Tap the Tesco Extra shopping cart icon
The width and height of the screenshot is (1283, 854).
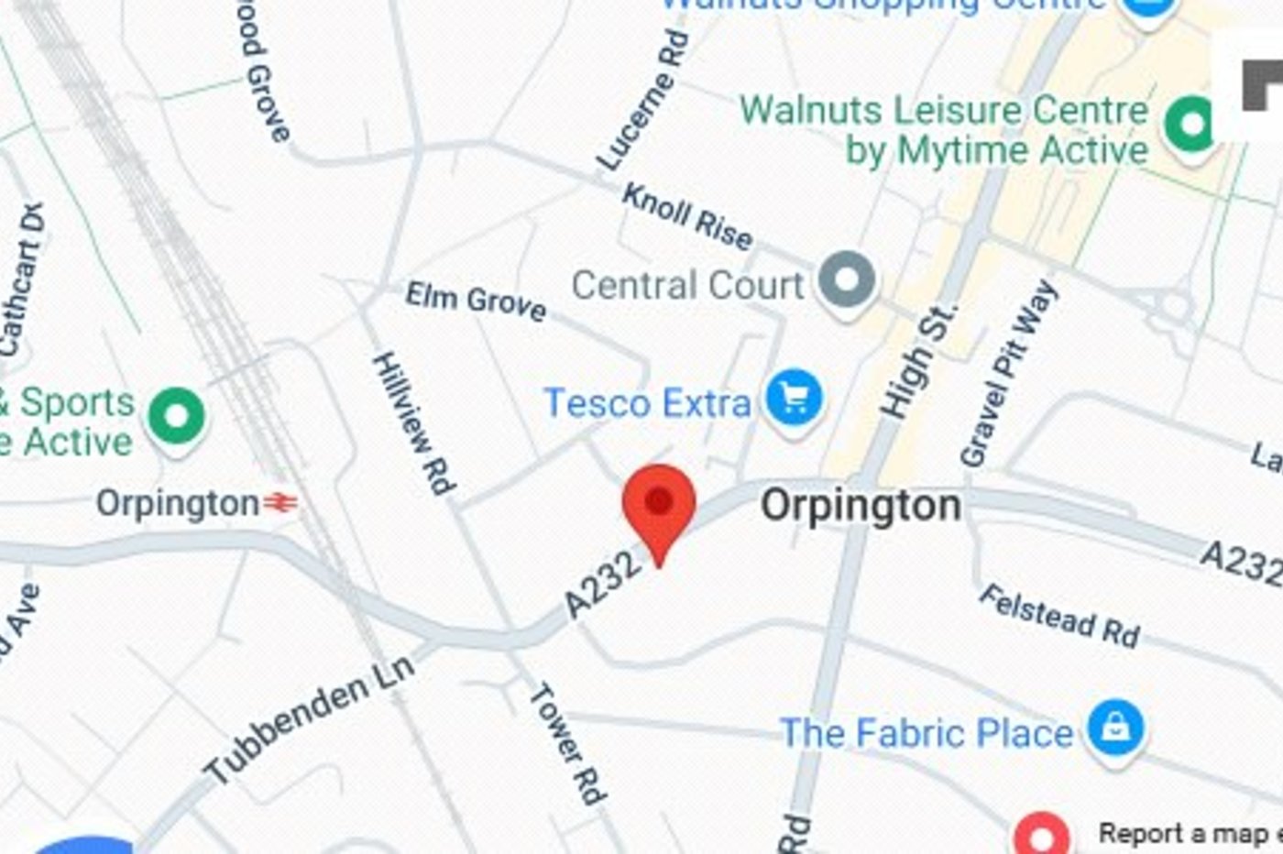pyautogui.click(x=794, y=400)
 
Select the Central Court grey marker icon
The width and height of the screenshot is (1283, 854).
pyautogui.click(x=846, y=279)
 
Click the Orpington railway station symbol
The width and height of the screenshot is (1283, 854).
pyautogui.click(x=281, y=502)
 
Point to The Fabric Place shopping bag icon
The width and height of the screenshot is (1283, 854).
pyautogui.click(x=1115, y=728)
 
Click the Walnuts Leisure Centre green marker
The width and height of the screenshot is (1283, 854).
pyautogui.click(x=1191, y=125)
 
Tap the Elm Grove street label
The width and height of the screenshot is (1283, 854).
pyautogui.click(x=476, y=300)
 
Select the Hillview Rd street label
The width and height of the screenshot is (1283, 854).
pyautogui.click(x=414, y=422)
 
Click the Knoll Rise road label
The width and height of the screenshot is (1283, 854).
pyautogui.click(x=687, y=216)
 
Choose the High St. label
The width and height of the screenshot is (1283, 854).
pyautogui.click(x=917, y=362)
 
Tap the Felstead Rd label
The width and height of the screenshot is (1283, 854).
pyautogui.click(x=1059, y=616)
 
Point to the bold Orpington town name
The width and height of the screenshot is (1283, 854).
pyautogui.click(x=861, y=506)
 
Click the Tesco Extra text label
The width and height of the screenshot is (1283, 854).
pyautogui.click(x=647, y=403)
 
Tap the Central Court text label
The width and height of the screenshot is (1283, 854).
pyautogui.click(x=687, y=285)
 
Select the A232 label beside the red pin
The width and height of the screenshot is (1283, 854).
pyautogui.click(x=601, y=585)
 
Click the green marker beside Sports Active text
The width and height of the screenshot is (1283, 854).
pyautogui.click(x=177, y=416)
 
